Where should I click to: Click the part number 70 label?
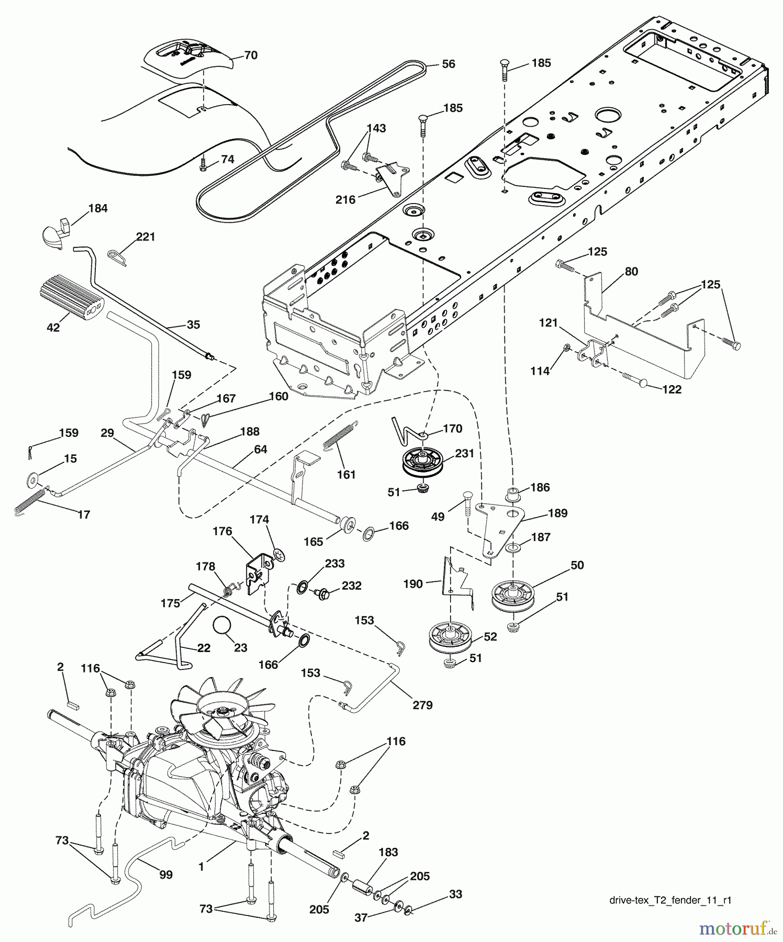251,55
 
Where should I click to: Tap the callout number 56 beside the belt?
448,64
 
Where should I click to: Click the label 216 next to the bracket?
345,199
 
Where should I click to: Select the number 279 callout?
422,705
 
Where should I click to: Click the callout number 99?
165,874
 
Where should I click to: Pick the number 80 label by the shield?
631,271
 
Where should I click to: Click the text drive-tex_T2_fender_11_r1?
670,901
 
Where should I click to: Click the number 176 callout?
222,531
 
